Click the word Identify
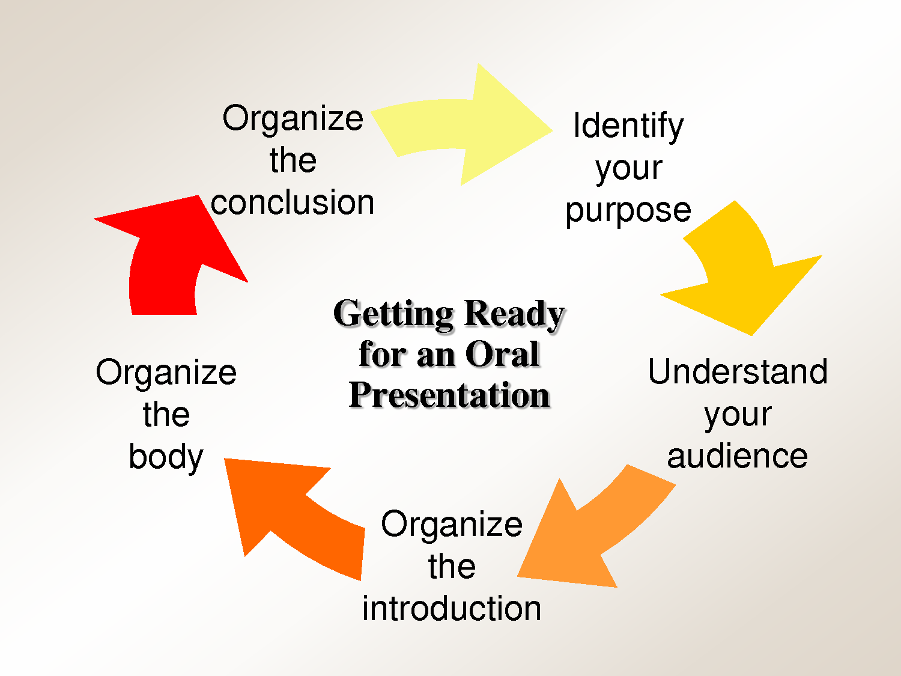point(628,126)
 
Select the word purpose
point(628,210)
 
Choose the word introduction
point(452,608)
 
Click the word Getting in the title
point(393,314)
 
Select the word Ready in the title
point(514,314)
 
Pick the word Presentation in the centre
point(449,395)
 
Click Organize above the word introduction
point(452,524)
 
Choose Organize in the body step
point(166,373)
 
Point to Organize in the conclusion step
point(293,118)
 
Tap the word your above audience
point(738,415)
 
